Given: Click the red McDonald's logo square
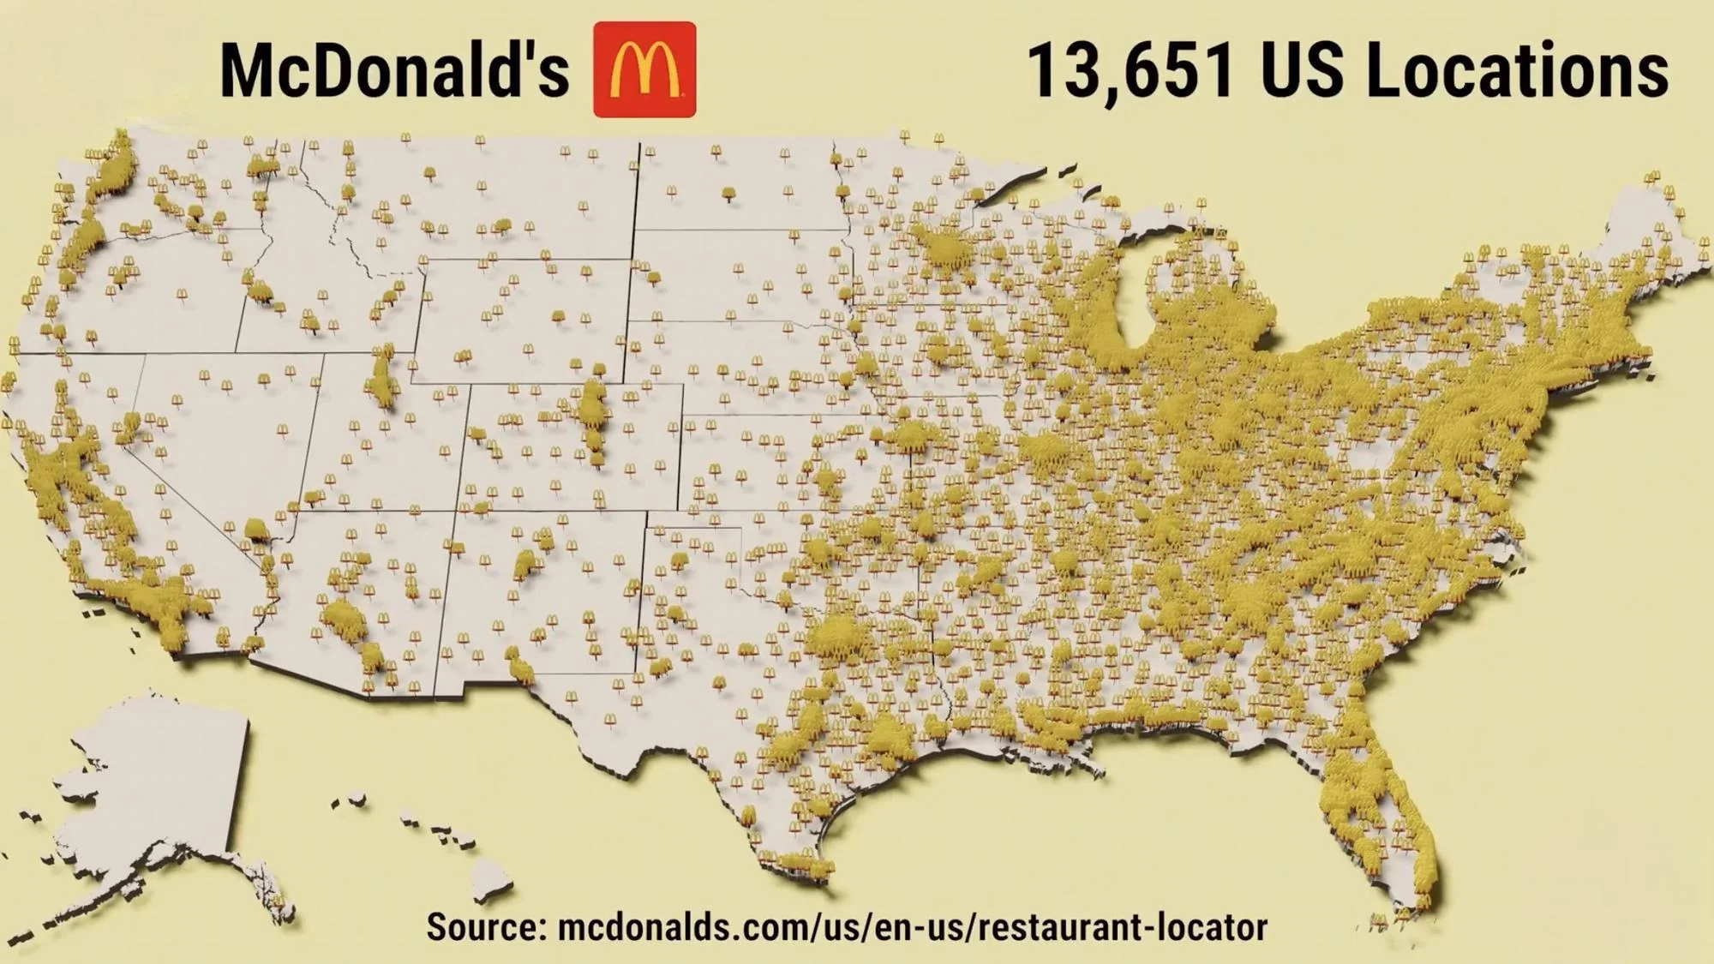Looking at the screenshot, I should click(x=644, y=69).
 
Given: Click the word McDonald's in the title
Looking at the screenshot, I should click(x=394, y=70).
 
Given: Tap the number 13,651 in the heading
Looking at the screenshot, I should click(x=1130, y=70).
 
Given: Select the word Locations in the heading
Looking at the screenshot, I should click(x=1517, y=70).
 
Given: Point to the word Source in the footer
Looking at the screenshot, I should click(x=485, y=927).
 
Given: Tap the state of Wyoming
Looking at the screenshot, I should click(x=523, y=317).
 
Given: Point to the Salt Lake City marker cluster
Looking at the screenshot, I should click(x=382, y=377).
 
